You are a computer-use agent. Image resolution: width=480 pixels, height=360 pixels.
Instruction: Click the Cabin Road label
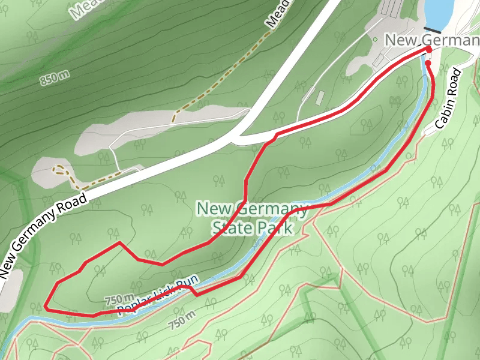point(448,99)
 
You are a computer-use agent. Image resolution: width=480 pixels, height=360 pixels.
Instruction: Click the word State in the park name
point(230,228)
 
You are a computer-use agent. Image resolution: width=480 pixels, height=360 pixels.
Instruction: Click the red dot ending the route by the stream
point(428,62)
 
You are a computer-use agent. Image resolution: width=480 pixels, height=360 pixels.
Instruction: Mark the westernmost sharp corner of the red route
point(46,307)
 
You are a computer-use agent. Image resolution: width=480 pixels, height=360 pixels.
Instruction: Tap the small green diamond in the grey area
point(375,40)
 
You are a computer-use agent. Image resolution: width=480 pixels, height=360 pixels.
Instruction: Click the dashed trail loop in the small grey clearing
point(62,172)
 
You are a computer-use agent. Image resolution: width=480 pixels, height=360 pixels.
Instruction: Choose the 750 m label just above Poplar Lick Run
point(119,299)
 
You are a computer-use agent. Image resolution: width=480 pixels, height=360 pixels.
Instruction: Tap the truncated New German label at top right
point(432,40)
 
